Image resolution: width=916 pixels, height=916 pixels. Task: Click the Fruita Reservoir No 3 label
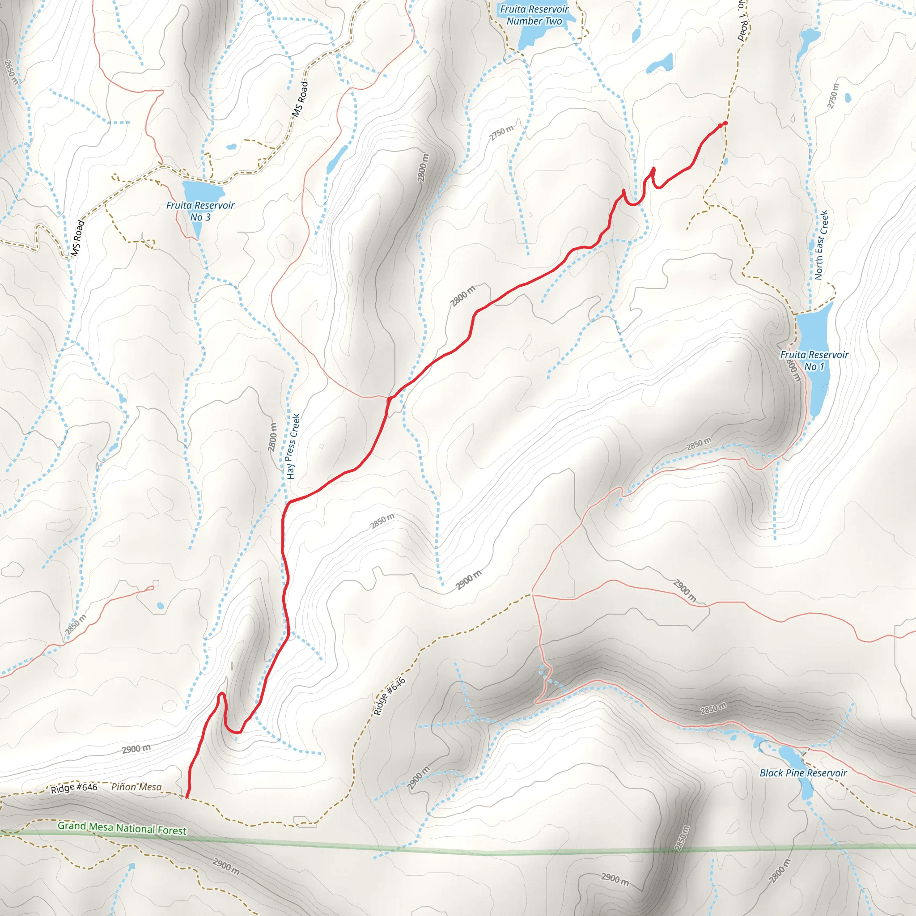click(x=200, y=212)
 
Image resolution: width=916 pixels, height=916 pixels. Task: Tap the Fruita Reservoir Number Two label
click(x=534, y=15)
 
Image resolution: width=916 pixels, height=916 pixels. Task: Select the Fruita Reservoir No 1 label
click(x=814, y=360)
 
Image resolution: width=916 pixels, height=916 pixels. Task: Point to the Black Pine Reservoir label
click(x=803, y=773)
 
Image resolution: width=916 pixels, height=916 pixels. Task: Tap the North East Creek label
click(x=821, y=245)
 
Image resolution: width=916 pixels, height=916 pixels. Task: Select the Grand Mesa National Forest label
click(x=122, y=828)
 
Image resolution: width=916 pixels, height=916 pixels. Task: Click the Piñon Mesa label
click(x=136, y=787)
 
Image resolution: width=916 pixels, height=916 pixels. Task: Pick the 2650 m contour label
click(x=11, y=72)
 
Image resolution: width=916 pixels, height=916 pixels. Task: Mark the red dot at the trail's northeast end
click(x=725, y=123)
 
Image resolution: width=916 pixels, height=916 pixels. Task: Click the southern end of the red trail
click(x=187, y=797)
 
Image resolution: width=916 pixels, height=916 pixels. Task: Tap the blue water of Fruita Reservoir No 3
click(x=203, y=191)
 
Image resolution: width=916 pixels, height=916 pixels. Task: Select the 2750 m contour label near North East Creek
click(x=833, y=96)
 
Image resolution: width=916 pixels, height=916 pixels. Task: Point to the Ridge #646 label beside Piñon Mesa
click(x=74, y=788)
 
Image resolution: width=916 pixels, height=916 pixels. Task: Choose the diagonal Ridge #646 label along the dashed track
click(x=389, y=696)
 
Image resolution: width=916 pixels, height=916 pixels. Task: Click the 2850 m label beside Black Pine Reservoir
click(x=713, y=709)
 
